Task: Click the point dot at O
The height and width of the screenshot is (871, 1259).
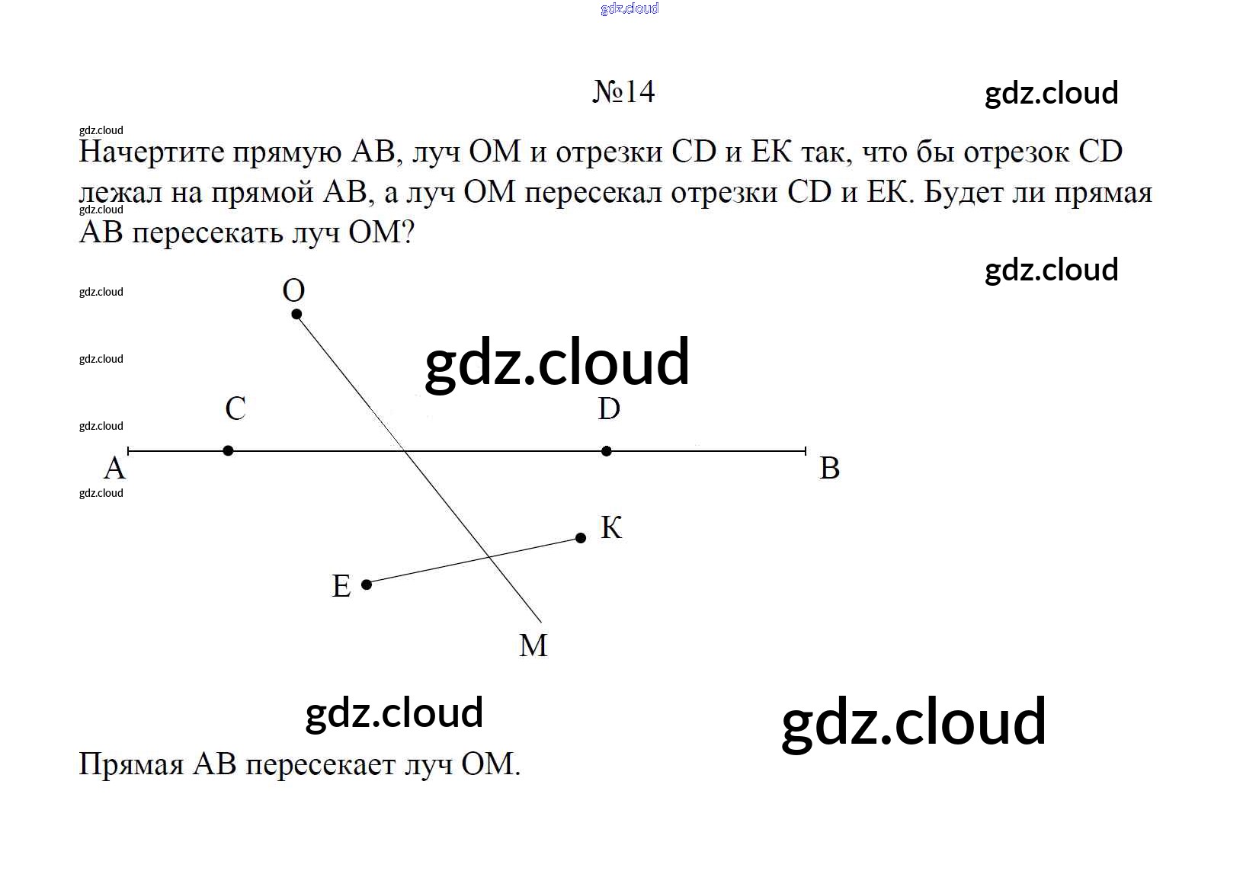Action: pyautogui.click(x=296, y=314)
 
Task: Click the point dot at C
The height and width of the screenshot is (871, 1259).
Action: pyautogui.click(x=228, y=450)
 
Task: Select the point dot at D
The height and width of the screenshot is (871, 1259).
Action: pyautogui.click(x=607, y=451)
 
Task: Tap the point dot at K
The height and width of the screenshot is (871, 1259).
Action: pyautogui.click(x=581, y=538)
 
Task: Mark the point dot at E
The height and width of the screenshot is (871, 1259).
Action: pyautogui.click(x=367, y=585)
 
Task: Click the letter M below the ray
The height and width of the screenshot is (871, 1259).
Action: pyautogui.click(x=533, y=645)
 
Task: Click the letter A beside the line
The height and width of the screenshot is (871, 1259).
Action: pyautogui.click(x=114, y=468)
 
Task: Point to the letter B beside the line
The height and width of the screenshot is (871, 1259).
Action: pyautogui.click(x=830, y=468)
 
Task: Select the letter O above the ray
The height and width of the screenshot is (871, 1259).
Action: pyautogui.click(x=293, y=290)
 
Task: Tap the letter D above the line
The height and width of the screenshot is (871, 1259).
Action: pyautogui.click(x=609, y=408)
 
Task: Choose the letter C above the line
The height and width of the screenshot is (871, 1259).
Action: pyautogui.click(x=235, y=408)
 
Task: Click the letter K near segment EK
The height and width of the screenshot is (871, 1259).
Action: pyautogui.click(x=611, y=527)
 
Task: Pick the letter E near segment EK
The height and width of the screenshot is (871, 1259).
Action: pyautogui.click(x=341, y=586)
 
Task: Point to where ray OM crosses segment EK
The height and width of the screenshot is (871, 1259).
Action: pyautogui.click(x=489, y=558)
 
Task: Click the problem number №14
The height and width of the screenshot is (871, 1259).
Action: pyautogui.click(x=624, y=91)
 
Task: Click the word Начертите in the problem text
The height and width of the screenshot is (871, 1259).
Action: pyautogui.click(x=152, y=152)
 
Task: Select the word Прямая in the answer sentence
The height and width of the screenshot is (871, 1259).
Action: pyautogui.click(x=132, y=764)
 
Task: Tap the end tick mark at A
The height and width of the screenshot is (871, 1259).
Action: pyautogui.click(x=128, y=450)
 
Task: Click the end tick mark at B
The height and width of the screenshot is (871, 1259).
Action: pyautogui.click(x=806, y=450)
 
